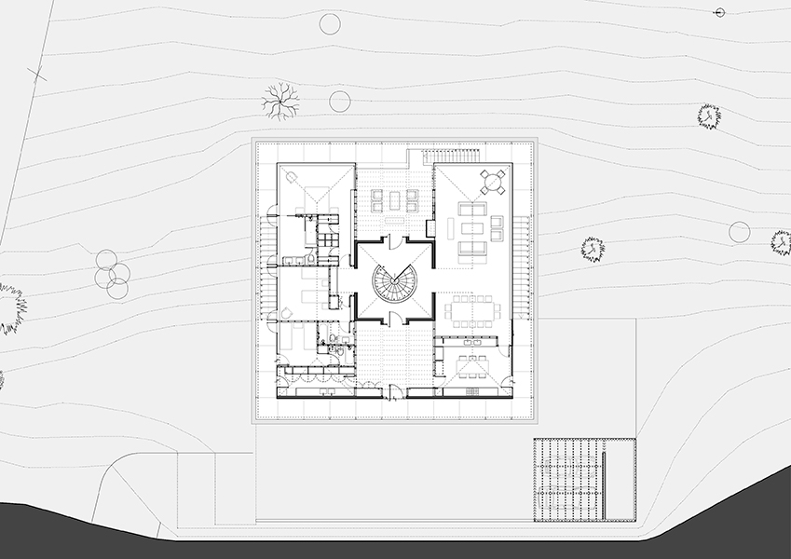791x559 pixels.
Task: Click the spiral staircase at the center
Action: point(392,283)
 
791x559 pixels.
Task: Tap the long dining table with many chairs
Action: point(472,311)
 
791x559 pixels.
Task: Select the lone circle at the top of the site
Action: point(330,24)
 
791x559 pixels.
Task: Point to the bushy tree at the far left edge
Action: point(9,307)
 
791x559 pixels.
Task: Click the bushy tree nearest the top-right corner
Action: point(709,116)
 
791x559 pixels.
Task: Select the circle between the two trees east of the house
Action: point(739,232)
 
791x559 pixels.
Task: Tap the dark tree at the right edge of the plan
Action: point(782,243)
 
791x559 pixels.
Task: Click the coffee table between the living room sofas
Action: point(472,230)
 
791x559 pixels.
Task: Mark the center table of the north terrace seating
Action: point(394,199)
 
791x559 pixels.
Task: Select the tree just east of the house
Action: point(593,249)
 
